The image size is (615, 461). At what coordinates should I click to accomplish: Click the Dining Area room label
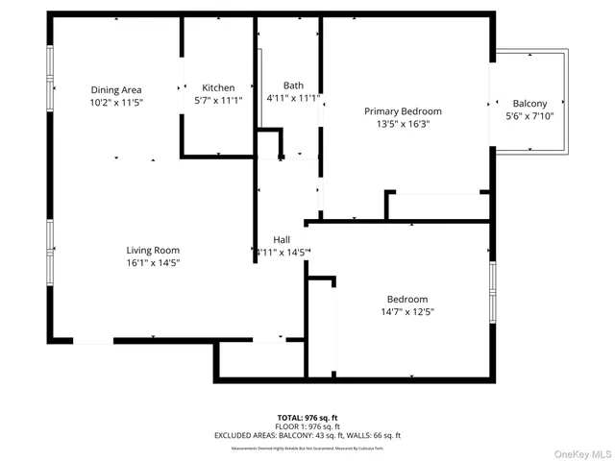tap(115, 89)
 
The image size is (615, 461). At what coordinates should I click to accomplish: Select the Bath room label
tap(293, 85)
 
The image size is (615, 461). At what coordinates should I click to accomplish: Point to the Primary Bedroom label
tap(403, 111)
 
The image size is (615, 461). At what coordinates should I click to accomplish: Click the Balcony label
tap(529, 104)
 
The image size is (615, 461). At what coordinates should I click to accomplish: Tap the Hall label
tap(282, 239)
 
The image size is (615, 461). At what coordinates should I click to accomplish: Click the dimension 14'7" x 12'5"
tap(407, 311)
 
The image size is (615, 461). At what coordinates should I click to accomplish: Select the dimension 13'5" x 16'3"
tap(403, 124)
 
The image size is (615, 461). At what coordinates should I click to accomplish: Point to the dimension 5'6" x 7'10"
tap(529, 116)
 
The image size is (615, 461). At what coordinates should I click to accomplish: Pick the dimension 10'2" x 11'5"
tap(115, 102)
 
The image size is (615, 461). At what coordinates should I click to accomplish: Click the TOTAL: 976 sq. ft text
tap(307, 418)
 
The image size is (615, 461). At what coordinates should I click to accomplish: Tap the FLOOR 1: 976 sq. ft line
tap(307, 426)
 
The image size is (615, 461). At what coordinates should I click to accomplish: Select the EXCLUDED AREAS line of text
tap(307, 435)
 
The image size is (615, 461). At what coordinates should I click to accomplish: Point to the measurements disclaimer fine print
tap(307, 448)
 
